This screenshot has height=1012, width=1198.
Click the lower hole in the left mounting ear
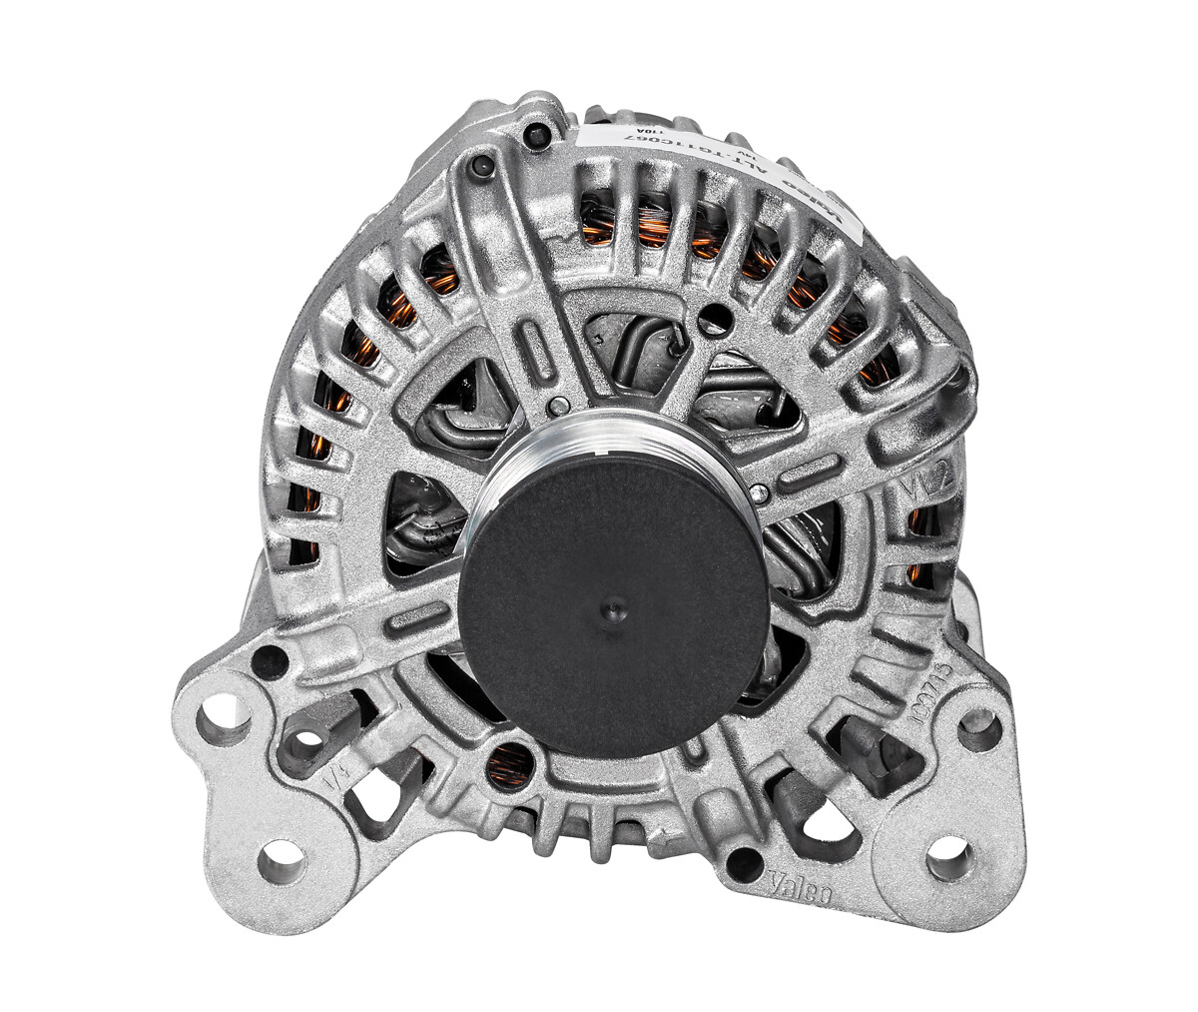(x=281, y=859)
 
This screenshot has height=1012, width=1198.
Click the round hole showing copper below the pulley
(x=511, y=765)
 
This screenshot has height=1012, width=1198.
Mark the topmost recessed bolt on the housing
(x=541, y=132)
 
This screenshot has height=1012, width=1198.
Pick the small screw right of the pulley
(x=764, y=492)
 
